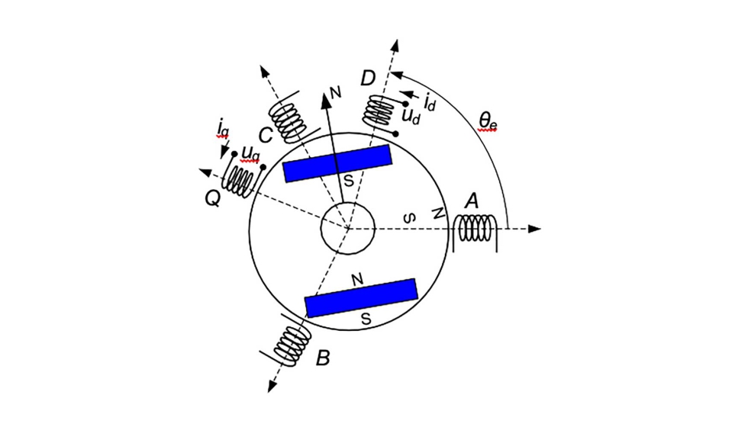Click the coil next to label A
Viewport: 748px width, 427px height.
click(x=476, y=229)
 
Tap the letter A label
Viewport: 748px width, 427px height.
click(x=472, y=201)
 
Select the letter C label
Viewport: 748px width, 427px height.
click(x=266, y=136)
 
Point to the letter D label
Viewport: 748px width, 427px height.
click(x=368, y=78)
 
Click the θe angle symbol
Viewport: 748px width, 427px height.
click(x=488, y=120)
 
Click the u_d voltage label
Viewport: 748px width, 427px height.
click(x=411, y=117)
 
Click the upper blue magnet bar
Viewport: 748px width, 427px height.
click(x=337, y=164)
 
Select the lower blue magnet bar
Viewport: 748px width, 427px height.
click(x=361, y=297)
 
